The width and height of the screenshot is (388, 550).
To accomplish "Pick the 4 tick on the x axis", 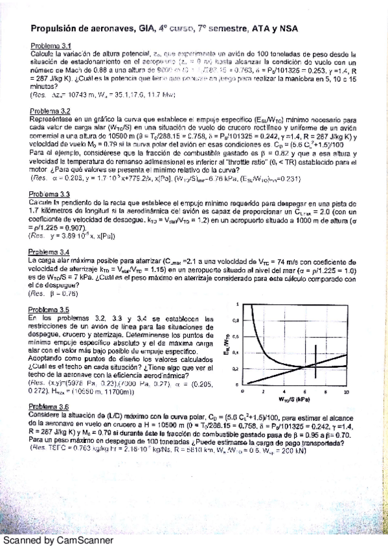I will pos(287,392).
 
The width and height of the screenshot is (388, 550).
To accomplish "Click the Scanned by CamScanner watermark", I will pos(57,540).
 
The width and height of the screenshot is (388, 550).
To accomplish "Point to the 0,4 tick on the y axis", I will pos(236,353).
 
